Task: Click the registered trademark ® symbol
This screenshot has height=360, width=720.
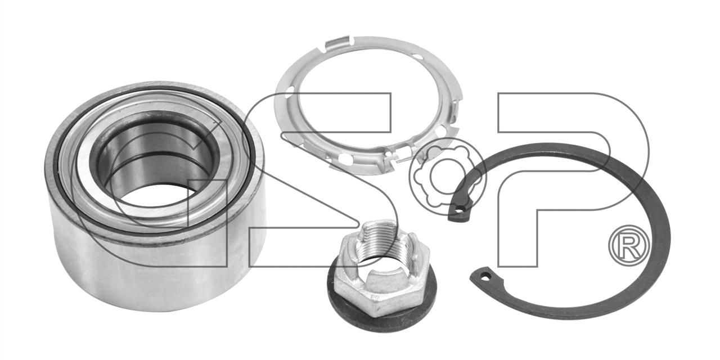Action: (629, 246)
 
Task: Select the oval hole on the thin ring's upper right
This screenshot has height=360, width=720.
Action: (418, 57)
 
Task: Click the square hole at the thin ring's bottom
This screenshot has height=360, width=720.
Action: (345, 158)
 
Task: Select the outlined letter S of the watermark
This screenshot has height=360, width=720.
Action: (321, 180)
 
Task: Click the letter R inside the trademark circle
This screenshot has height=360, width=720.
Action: (629, 246)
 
